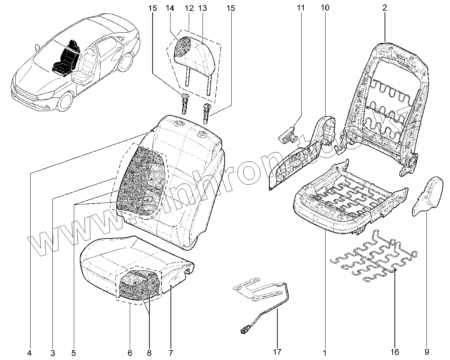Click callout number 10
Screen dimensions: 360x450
coord(325,8)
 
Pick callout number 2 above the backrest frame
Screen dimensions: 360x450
coord(385,8)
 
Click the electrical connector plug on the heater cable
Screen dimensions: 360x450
coord(243,329)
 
